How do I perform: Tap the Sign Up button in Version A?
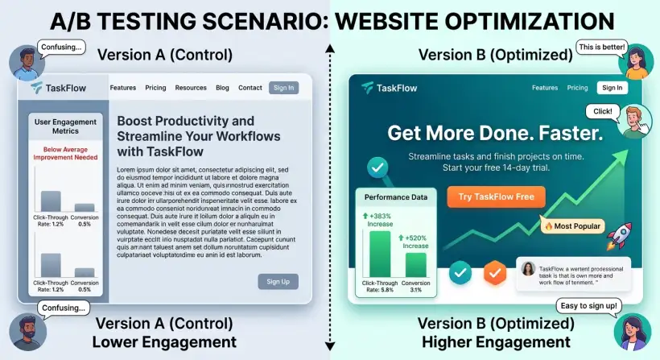click(278, 281)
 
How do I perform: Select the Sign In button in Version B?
click(612, 88)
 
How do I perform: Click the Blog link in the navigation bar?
click(222, 88)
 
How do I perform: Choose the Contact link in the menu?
click(250, 88)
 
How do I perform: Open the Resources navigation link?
click(191, 88)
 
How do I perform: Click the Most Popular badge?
click(572, 226)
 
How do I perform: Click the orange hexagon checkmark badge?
click(494, 274)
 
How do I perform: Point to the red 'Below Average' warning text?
click(64, 153)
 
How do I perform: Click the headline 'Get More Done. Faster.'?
click(493, 133)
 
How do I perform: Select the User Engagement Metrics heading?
click(64, 126)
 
